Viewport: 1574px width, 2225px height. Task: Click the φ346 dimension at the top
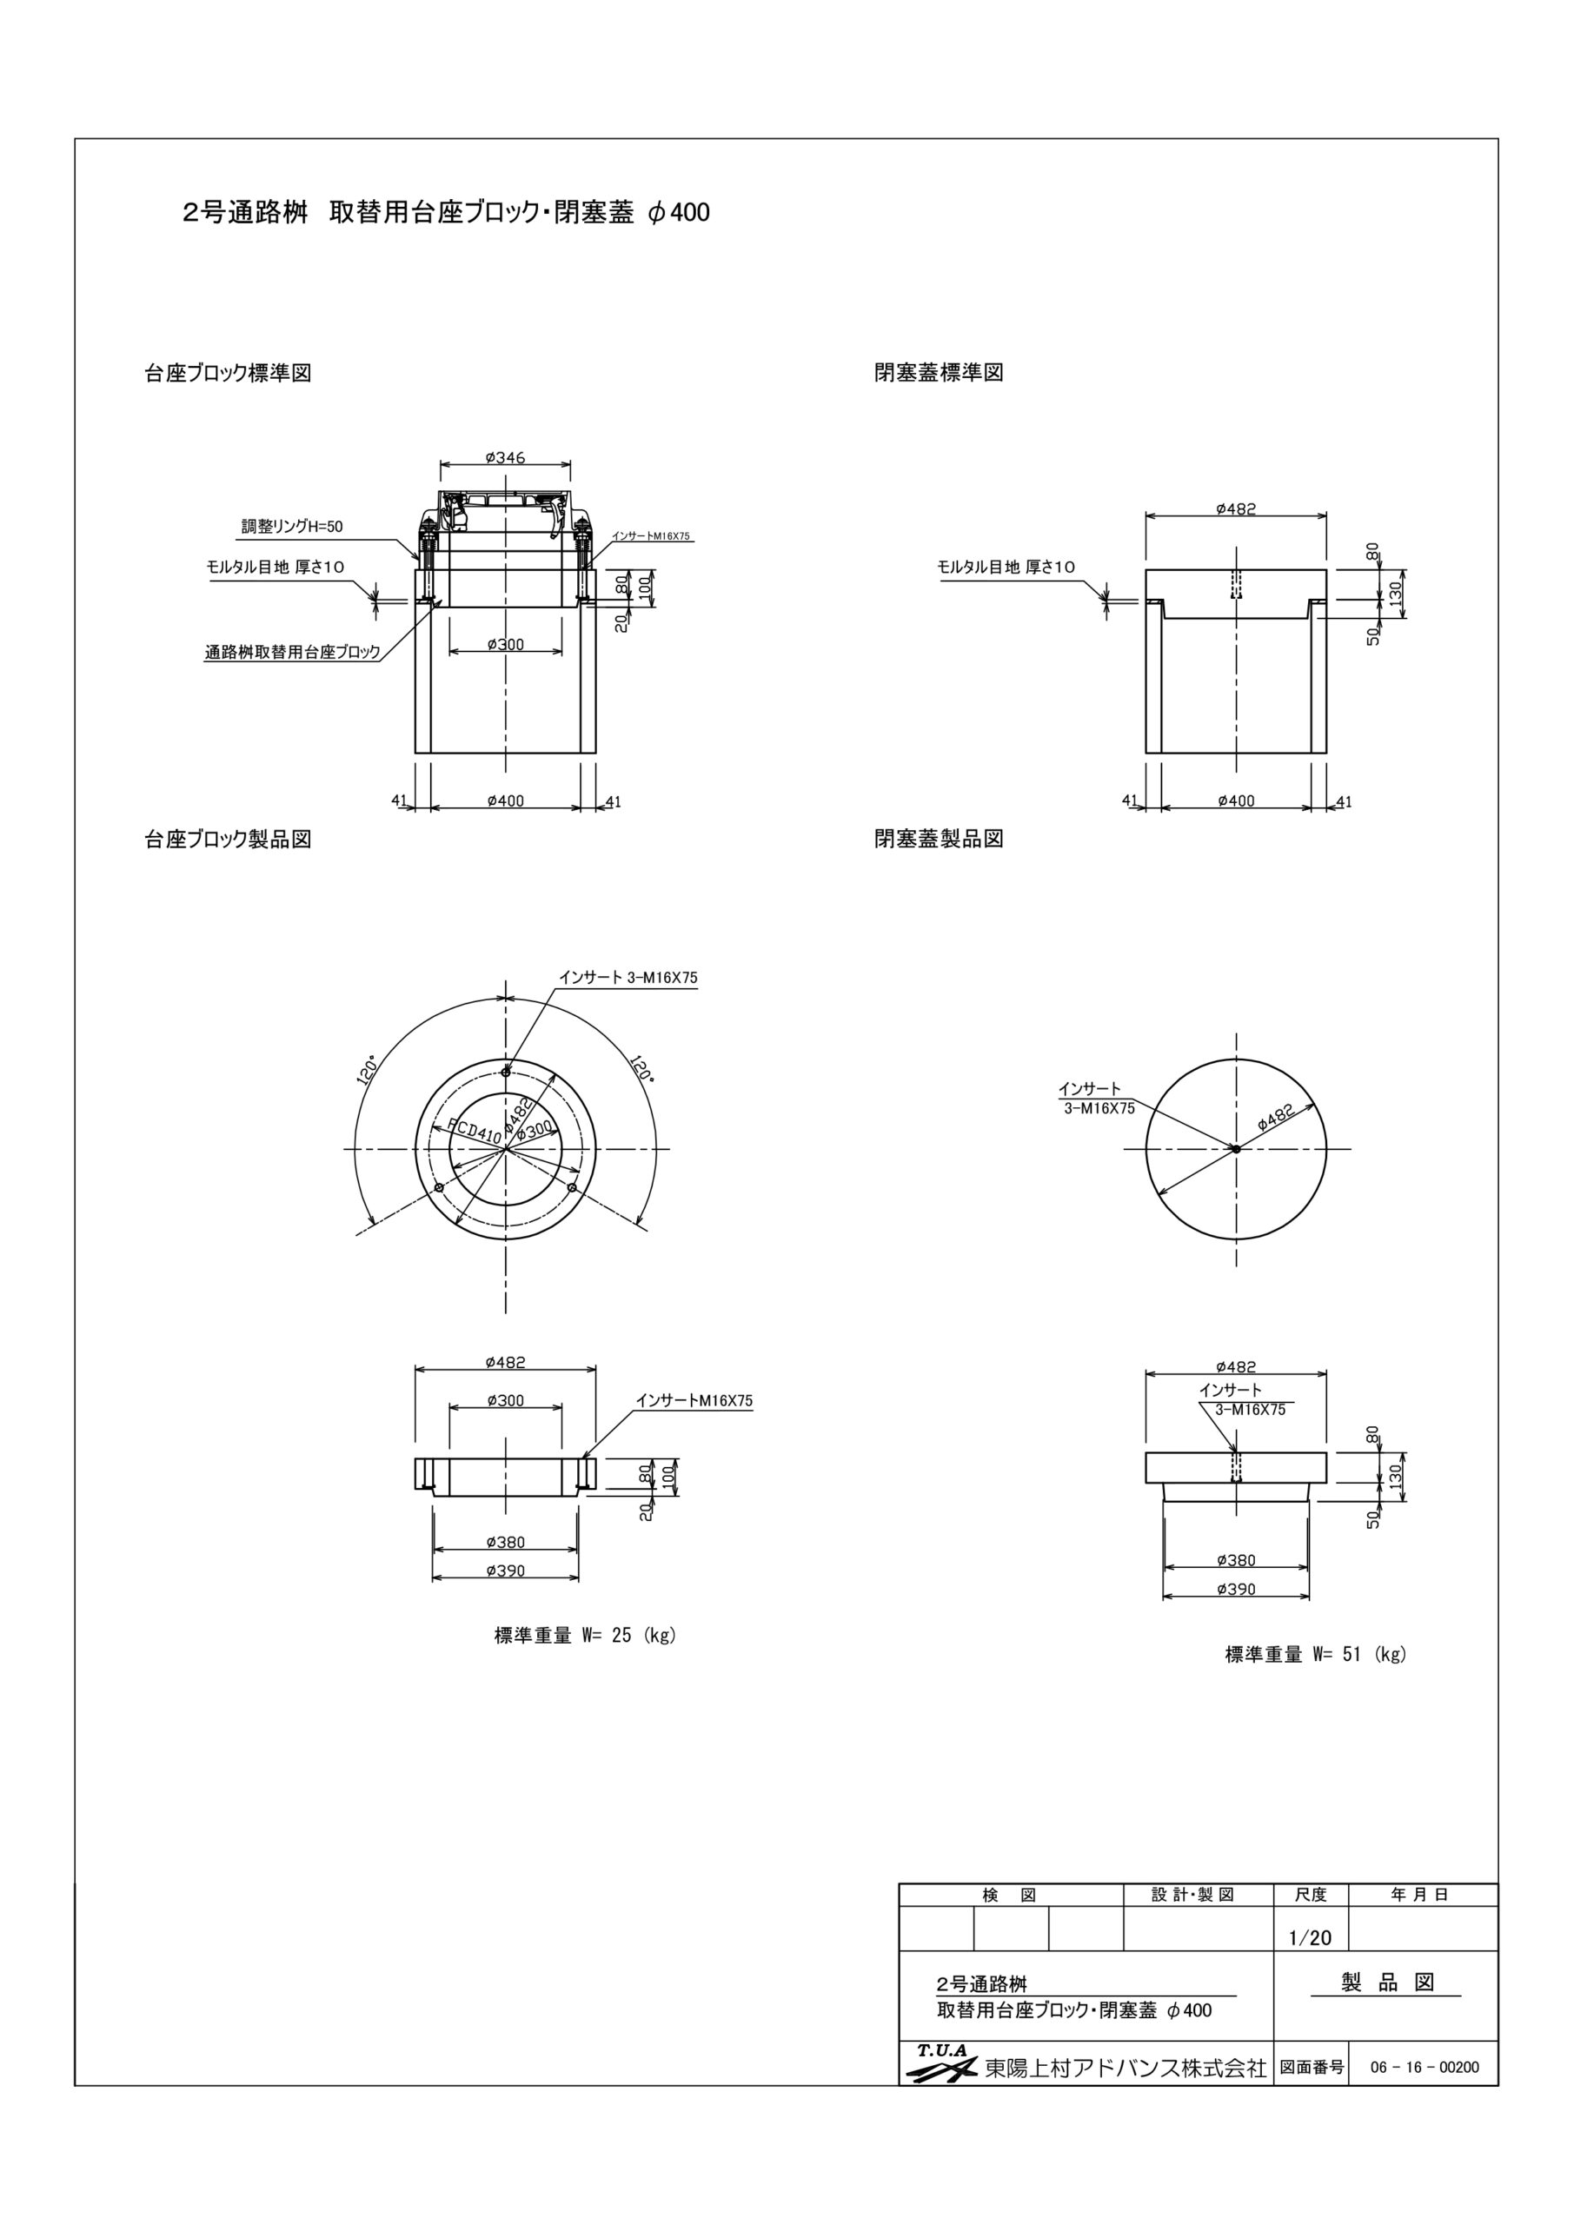point(504,457)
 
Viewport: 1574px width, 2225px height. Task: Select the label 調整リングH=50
point(292,528)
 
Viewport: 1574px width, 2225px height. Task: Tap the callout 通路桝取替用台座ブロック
point(292,652)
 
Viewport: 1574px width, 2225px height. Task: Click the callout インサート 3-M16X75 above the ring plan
point(628,978)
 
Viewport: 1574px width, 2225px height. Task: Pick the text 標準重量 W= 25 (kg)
point(584,1636)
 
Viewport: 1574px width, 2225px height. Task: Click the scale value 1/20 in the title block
point(1310,1938)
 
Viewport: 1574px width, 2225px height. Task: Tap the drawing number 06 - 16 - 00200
point(1424,2067)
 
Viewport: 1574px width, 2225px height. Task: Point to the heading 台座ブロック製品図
point(228,840)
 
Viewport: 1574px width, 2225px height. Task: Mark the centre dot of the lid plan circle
point(1236,1149)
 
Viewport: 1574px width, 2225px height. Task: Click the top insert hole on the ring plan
point(506,1072)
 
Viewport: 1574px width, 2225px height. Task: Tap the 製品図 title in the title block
point(1387,1983)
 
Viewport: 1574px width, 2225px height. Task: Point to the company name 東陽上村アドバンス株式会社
point(1126,2068)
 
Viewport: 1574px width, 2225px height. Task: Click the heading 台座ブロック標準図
point(228,373)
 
